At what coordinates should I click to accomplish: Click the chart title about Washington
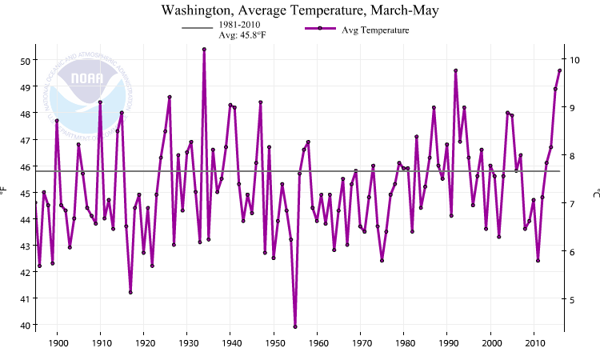(x=300, y=11)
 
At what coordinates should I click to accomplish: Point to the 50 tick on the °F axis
(x=26, y=61)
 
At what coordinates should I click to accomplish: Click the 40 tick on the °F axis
(x=26, y=325)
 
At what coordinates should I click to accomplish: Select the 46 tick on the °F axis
(x=26, y=166)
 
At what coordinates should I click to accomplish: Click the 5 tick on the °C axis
(x=573, y=300)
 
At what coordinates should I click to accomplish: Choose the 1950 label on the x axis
(x=274, y=344)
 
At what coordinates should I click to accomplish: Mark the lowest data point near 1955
(x=295, y=326)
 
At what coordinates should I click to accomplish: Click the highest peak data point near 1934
(x=204, y=50)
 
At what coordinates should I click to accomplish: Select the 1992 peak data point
(x=455, y=70)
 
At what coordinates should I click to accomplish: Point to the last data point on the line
(x=559, y=70)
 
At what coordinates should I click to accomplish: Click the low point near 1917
(x=130, y=292)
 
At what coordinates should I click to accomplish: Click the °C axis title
(x=595, y=192)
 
